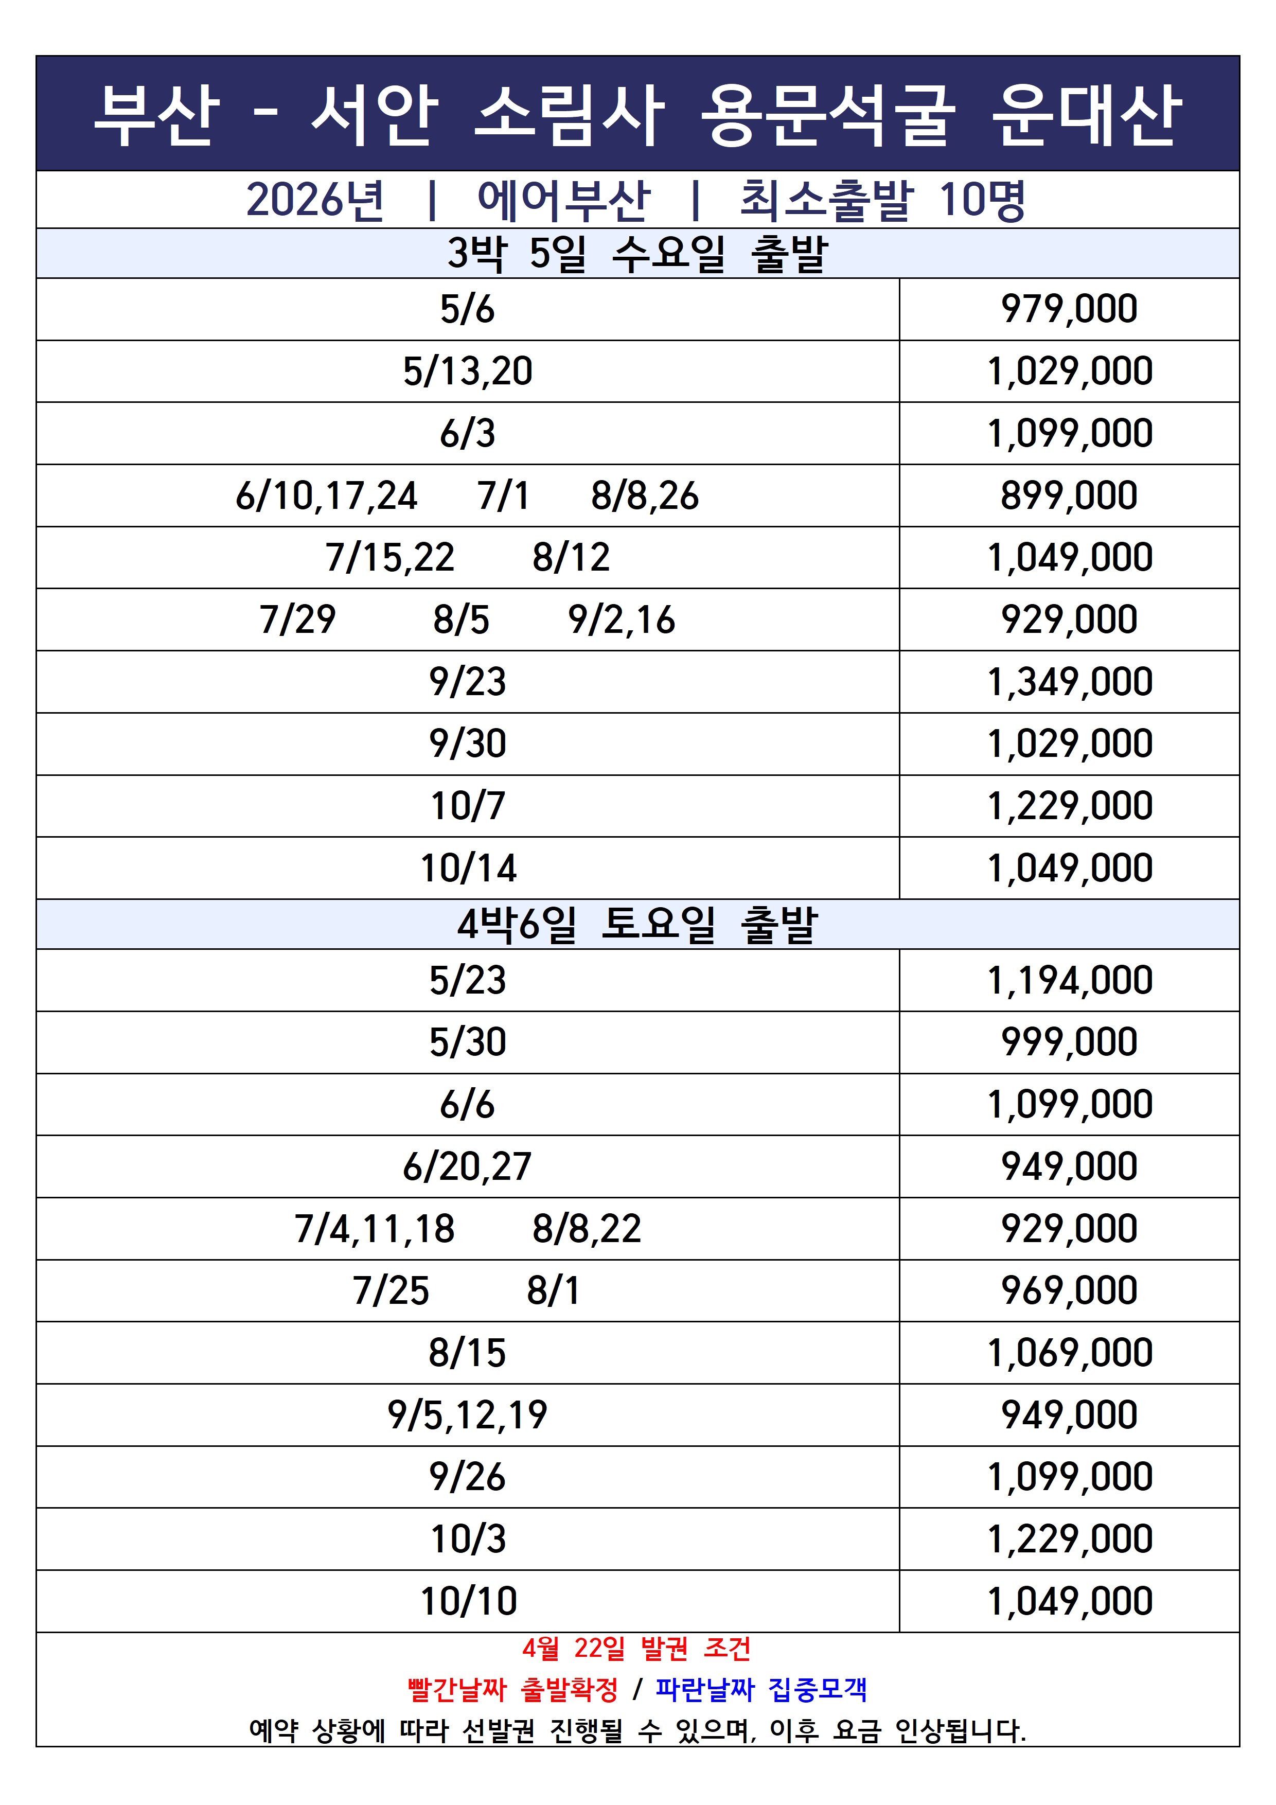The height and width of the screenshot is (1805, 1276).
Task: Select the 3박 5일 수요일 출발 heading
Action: point(637,253)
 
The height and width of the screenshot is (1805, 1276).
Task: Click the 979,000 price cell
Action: point(1069,309)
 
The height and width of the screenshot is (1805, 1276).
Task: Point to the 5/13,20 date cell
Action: point(467,371)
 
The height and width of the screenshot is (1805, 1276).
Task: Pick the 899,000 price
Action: point(1069,496)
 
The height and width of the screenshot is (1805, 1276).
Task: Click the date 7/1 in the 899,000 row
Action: point(503,496)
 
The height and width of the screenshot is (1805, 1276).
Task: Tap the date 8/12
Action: point(571,557)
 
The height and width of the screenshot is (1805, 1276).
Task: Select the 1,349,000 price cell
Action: point(1069,682)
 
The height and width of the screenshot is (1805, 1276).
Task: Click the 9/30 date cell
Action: point(467,744)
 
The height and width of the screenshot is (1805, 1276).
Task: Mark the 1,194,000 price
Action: point(1069,980)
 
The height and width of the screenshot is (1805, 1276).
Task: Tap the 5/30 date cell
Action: point(467,1042)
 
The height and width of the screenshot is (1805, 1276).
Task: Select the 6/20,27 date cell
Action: point(467,1166)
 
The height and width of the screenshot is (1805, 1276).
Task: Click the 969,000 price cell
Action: point(1069,1291)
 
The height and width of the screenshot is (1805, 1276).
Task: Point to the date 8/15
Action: point(467,1353)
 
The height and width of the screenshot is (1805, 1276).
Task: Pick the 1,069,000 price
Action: point(1069,1353)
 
